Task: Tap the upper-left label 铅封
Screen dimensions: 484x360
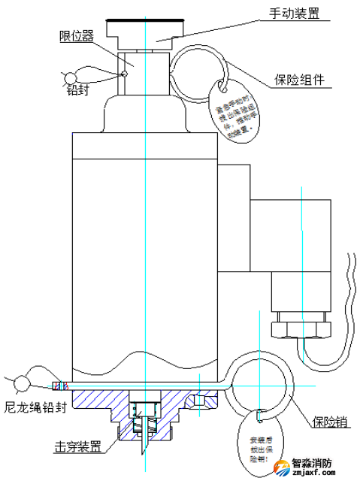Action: [78, 90]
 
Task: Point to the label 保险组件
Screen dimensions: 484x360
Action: [300, 79]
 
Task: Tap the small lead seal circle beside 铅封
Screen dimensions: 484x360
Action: [74, 77]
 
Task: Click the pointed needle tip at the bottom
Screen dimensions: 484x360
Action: [140, 452]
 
